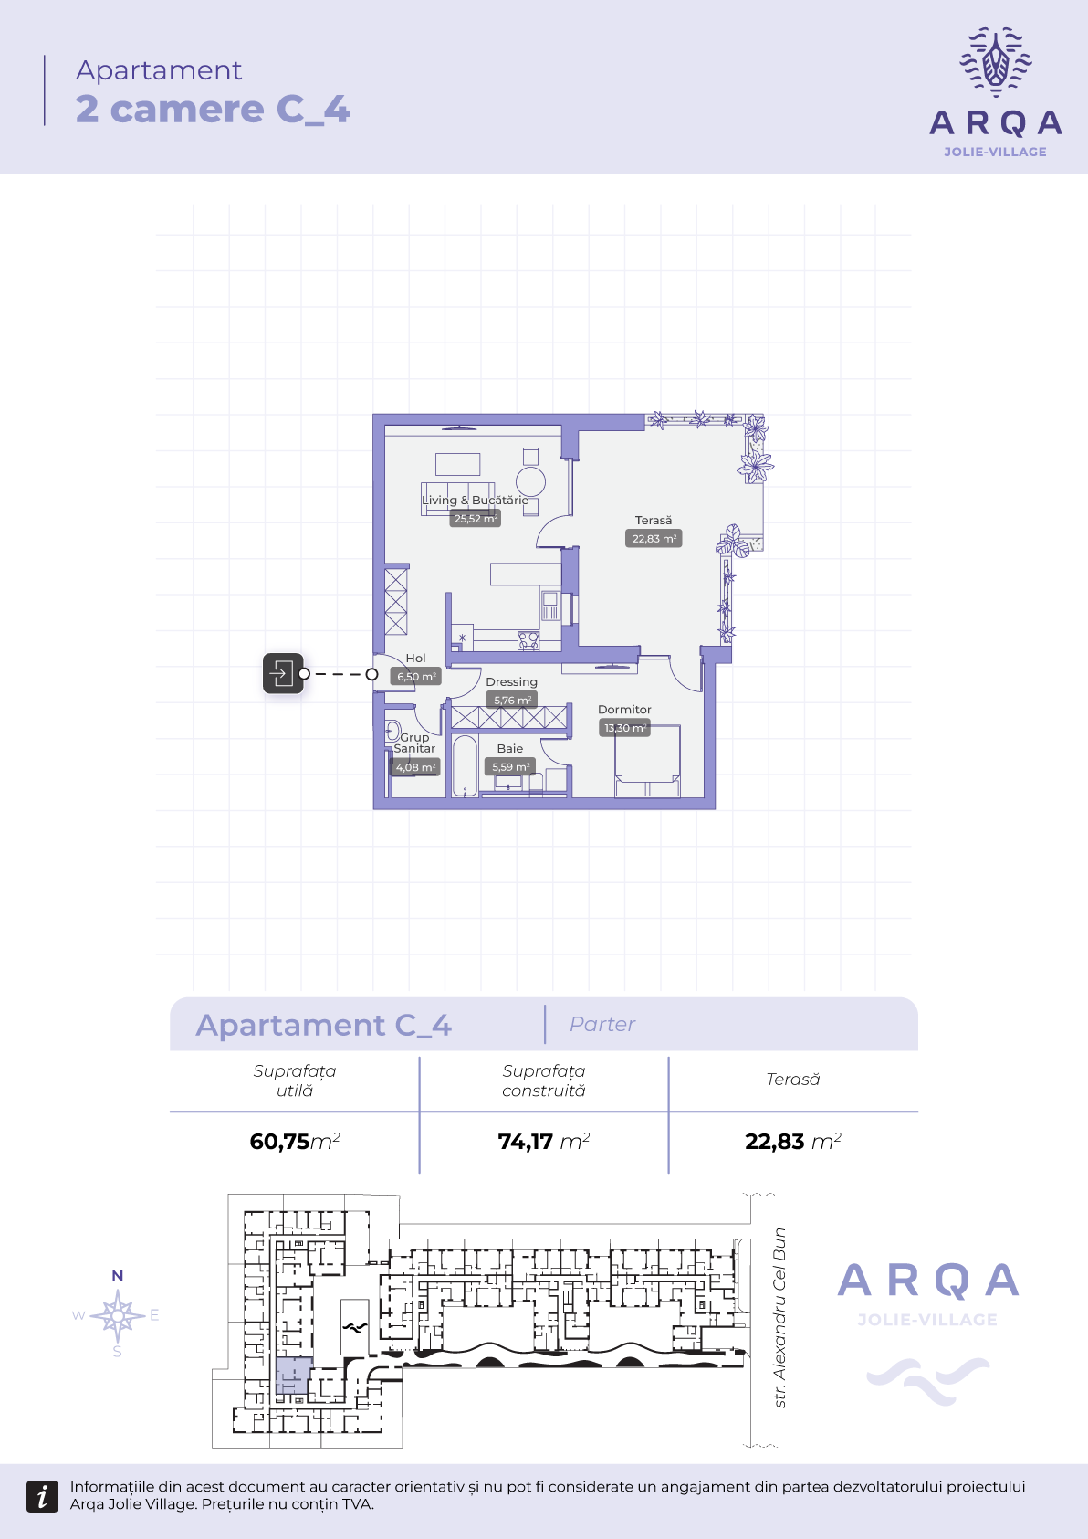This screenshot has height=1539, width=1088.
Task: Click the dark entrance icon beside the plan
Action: coord(283,673)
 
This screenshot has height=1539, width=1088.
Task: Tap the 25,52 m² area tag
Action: coord(475,519)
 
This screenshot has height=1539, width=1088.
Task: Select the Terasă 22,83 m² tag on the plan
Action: coord(654,539)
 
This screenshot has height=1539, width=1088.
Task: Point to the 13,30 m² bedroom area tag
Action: coord(624,728)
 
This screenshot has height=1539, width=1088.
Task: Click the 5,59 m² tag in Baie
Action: coord(510,766)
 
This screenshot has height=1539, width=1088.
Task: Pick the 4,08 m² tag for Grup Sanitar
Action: coord(414,767)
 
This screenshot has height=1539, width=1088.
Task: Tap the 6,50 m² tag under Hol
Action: coord(415,677)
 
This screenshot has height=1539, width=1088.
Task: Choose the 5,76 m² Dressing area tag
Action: coord(511,701)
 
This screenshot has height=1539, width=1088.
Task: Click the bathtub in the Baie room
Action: coord(465,766)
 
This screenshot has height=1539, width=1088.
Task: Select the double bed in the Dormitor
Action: coord(647,761)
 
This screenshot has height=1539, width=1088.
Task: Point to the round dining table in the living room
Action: coord(530,481)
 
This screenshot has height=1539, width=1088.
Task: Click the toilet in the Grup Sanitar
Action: coord(393,730)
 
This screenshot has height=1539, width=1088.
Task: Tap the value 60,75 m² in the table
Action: coord(295,1141)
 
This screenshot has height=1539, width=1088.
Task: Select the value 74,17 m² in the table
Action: coord(544,1141)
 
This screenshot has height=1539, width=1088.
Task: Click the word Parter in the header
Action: coord(602,1025)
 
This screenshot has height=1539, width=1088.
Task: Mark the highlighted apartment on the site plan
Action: coord(294,1376)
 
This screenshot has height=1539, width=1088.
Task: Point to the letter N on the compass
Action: coord(118,1276)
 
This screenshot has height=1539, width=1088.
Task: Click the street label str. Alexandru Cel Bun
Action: coord(779,1318)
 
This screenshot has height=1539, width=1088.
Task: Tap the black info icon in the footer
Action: coord(42,1496)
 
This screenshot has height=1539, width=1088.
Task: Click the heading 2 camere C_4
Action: coord(213,110)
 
